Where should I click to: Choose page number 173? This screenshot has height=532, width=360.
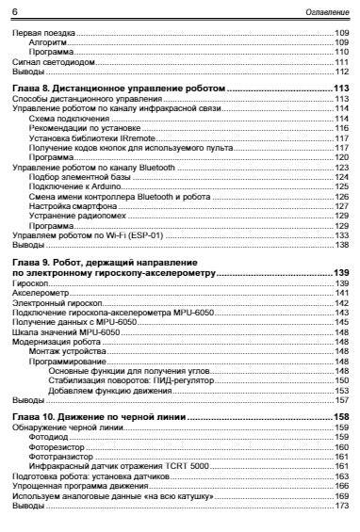click(x=341, y=507)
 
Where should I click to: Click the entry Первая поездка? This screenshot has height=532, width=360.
click(x=38, y=32)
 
